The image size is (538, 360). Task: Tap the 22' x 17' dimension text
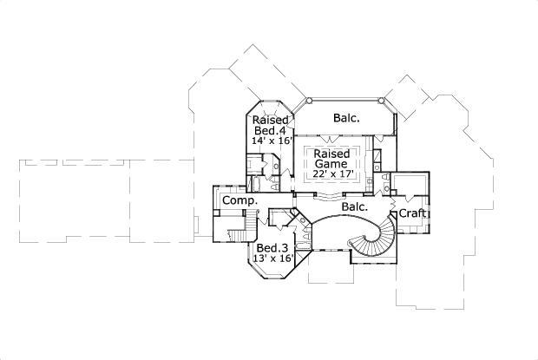tap(331, 174)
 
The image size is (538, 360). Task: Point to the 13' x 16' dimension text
tap(271, 258)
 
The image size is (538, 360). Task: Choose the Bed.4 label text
tap(270, 130)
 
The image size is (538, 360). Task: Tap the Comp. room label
tap(239, 201)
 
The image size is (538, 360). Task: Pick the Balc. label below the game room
tap(354, 207)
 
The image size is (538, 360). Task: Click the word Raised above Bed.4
tap(270, 120)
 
